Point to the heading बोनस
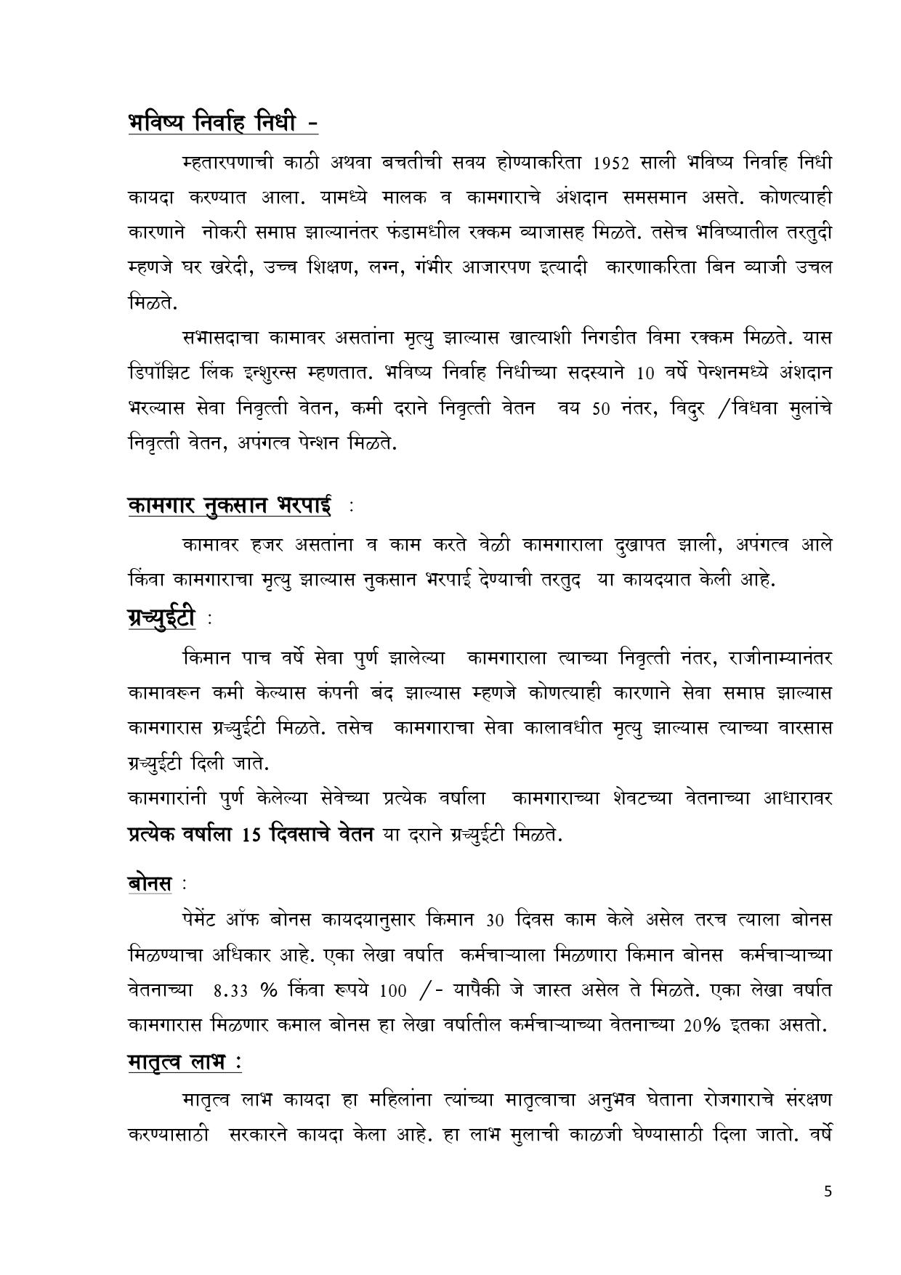coord(150,883)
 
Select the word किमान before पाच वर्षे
coord(206,658)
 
